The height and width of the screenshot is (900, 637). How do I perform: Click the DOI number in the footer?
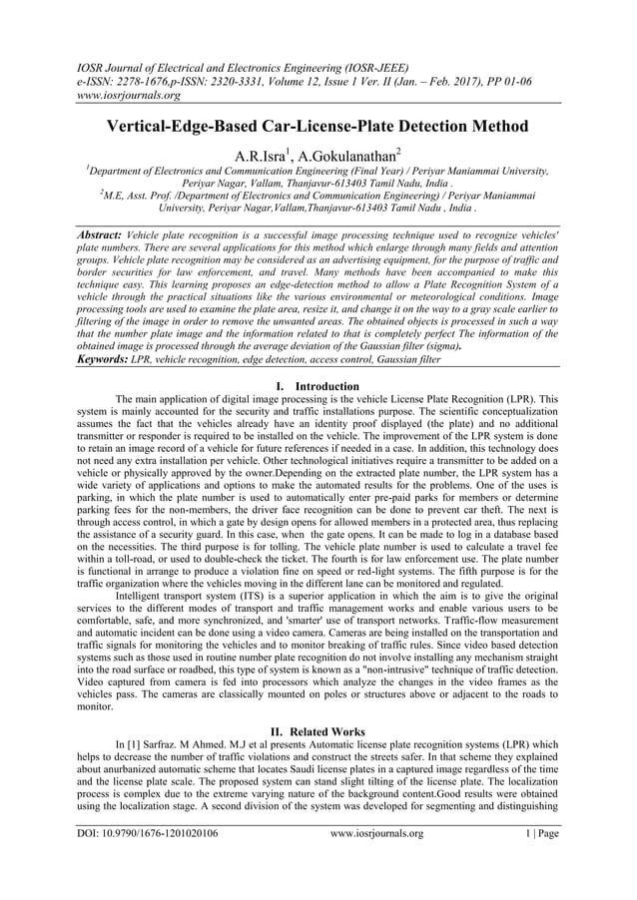point(149,860)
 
